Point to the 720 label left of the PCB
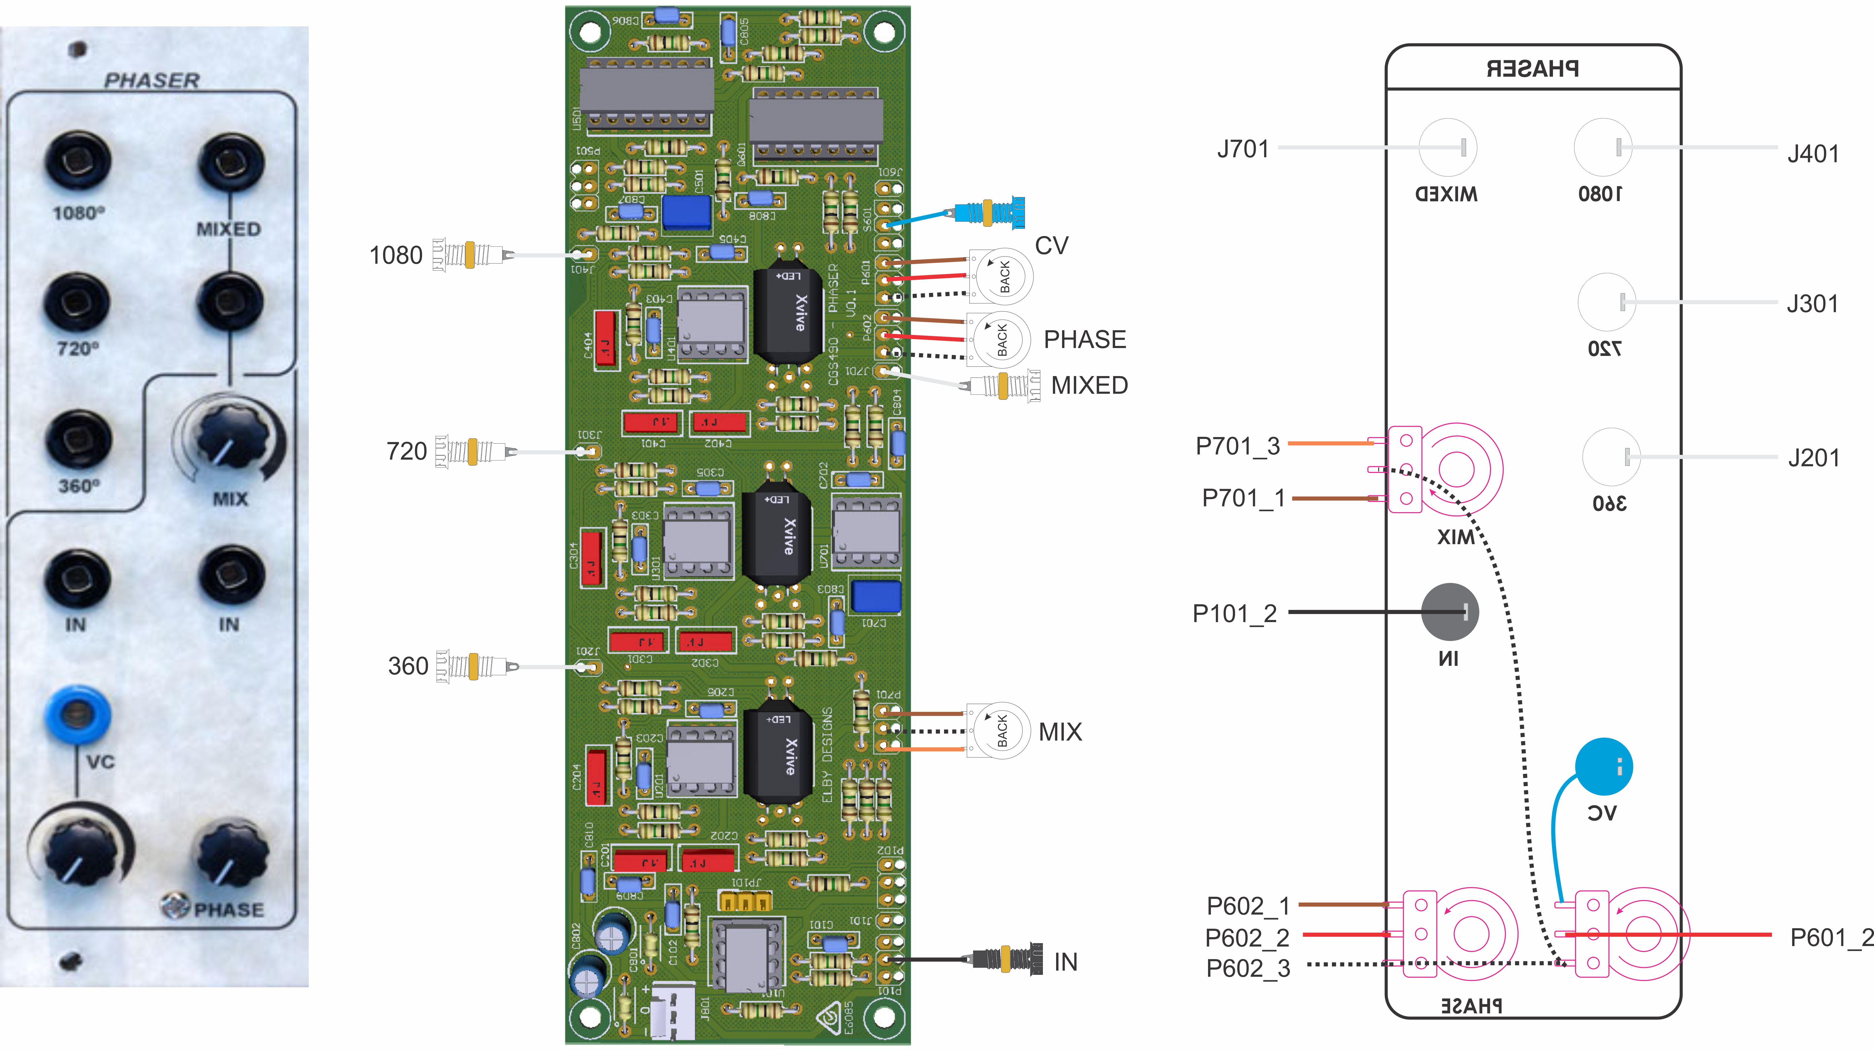(406, 452)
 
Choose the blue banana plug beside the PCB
(989, 212)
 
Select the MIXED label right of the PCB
(1089, 385)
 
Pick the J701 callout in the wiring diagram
(1242, 149)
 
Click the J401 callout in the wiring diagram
(1813, 154)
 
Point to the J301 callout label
(1812, 304)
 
